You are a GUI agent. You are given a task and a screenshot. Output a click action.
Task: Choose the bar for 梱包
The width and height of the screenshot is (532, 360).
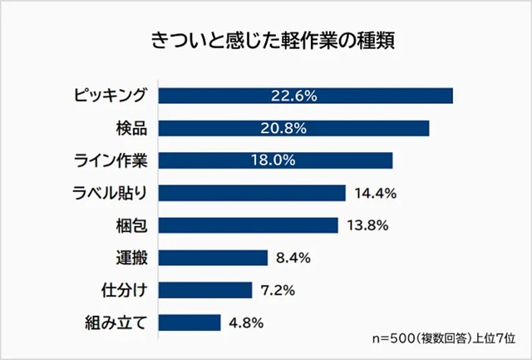pos(248,225)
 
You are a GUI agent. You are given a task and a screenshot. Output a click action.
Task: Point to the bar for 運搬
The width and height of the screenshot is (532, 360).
pos(212,258)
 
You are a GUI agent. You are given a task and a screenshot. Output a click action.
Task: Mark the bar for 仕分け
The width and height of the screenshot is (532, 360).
pos(204,289)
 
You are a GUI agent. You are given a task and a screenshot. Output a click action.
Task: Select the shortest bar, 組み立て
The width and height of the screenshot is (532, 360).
pos(189,322)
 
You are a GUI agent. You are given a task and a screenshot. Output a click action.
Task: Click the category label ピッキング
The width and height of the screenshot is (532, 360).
pos(110,96)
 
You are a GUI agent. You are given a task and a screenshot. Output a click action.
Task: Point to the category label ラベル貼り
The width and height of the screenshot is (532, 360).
pos(110,193)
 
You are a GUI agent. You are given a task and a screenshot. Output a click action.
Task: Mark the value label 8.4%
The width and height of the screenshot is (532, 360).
pos(293,258)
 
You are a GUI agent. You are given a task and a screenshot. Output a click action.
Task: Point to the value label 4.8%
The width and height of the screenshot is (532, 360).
pos(246,322)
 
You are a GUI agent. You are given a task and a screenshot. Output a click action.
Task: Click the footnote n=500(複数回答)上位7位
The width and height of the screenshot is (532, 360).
pos(445,339)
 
